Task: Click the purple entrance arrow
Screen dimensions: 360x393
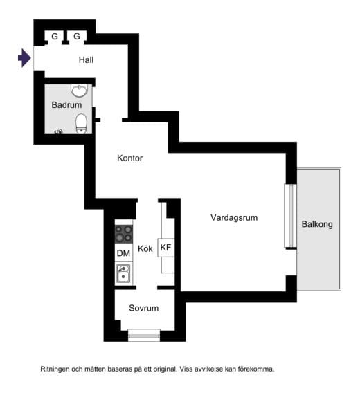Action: coord(25,58)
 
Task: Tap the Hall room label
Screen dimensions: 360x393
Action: coord(86,60)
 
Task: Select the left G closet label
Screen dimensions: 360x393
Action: coord(55,37)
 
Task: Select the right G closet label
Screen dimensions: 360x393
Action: coord(77,37)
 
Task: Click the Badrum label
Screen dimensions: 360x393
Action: coord(66,104)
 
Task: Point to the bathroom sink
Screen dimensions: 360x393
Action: coord(80,90)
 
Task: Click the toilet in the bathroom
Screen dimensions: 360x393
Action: coord(81,123)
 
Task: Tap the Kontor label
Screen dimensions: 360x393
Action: coord(129,158)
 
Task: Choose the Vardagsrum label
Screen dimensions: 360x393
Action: coord(234,217)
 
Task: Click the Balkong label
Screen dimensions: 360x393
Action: coord(317,224)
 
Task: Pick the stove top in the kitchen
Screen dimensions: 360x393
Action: coord(124,234)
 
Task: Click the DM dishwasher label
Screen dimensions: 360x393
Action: coord(123,253)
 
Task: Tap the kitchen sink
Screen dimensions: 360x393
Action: coord(123,273)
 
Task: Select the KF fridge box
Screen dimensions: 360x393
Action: coord(166,248)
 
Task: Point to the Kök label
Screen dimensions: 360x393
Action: coord(145,248)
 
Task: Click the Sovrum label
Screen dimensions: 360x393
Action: coord(143,308)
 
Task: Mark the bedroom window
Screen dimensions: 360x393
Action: coord(144,336)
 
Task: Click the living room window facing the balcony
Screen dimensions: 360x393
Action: coord(291,216)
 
